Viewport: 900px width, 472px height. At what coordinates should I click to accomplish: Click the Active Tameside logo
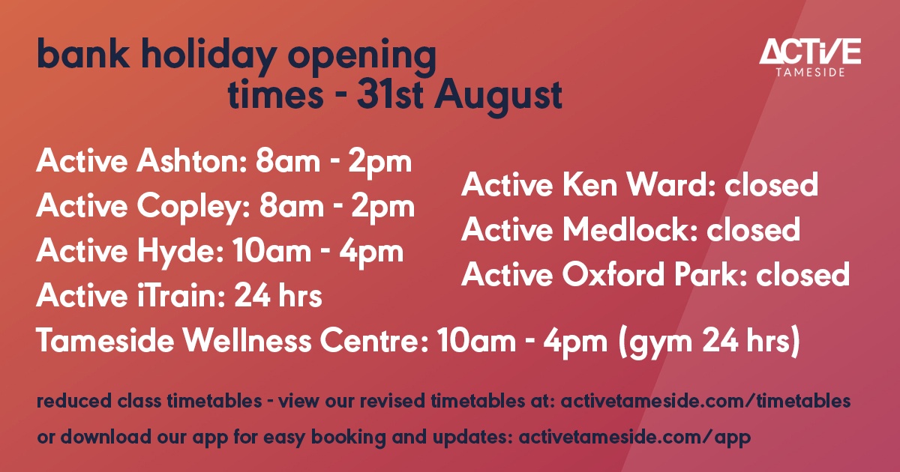[x=810, y=57]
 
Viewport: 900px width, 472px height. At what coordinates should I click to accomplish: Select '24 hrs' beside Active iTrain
[x=278, y=296]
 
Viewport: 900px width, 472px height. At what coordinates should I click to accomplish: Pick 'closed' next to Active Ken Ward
[x=770, y=185]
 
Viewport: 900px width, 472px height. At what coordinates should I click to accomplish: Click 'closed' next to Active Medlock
[x=754, y=229]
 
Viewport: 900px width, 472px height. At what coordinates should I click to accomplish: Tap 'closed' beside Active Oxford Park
[x=802, y=274]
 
